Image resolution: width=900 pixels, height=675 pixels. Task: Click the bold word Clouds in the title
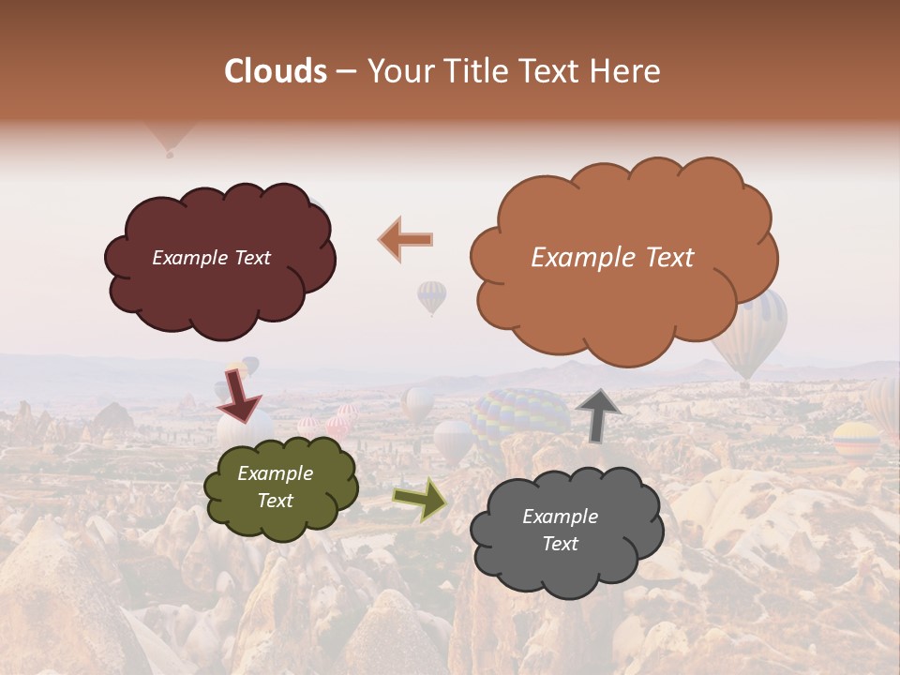(x=276, y=71)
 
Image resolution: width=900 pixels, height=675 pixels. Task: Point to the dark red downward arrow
(x=238, y=397)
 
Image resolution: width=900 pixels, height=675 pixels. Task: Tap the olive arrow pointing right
(x=420, y=499)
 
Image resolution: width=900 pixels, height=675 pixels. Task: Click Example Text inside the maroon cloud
(x=211, y=258)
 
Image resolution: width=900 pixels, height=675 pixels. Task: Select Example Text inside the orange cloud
(x=612, y=258)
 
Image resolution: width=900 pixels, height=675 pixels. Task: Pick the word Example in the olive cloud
(x=275, y=473)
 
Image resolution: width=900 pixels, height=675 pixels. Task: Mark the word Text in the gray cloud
(x=560, y=544)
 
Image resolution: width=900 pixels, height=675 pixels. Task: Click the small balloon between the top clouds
(x=431, y=296)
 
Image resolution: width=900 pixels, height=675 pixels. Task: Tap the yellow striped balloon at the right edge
(x=856, y=437)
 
